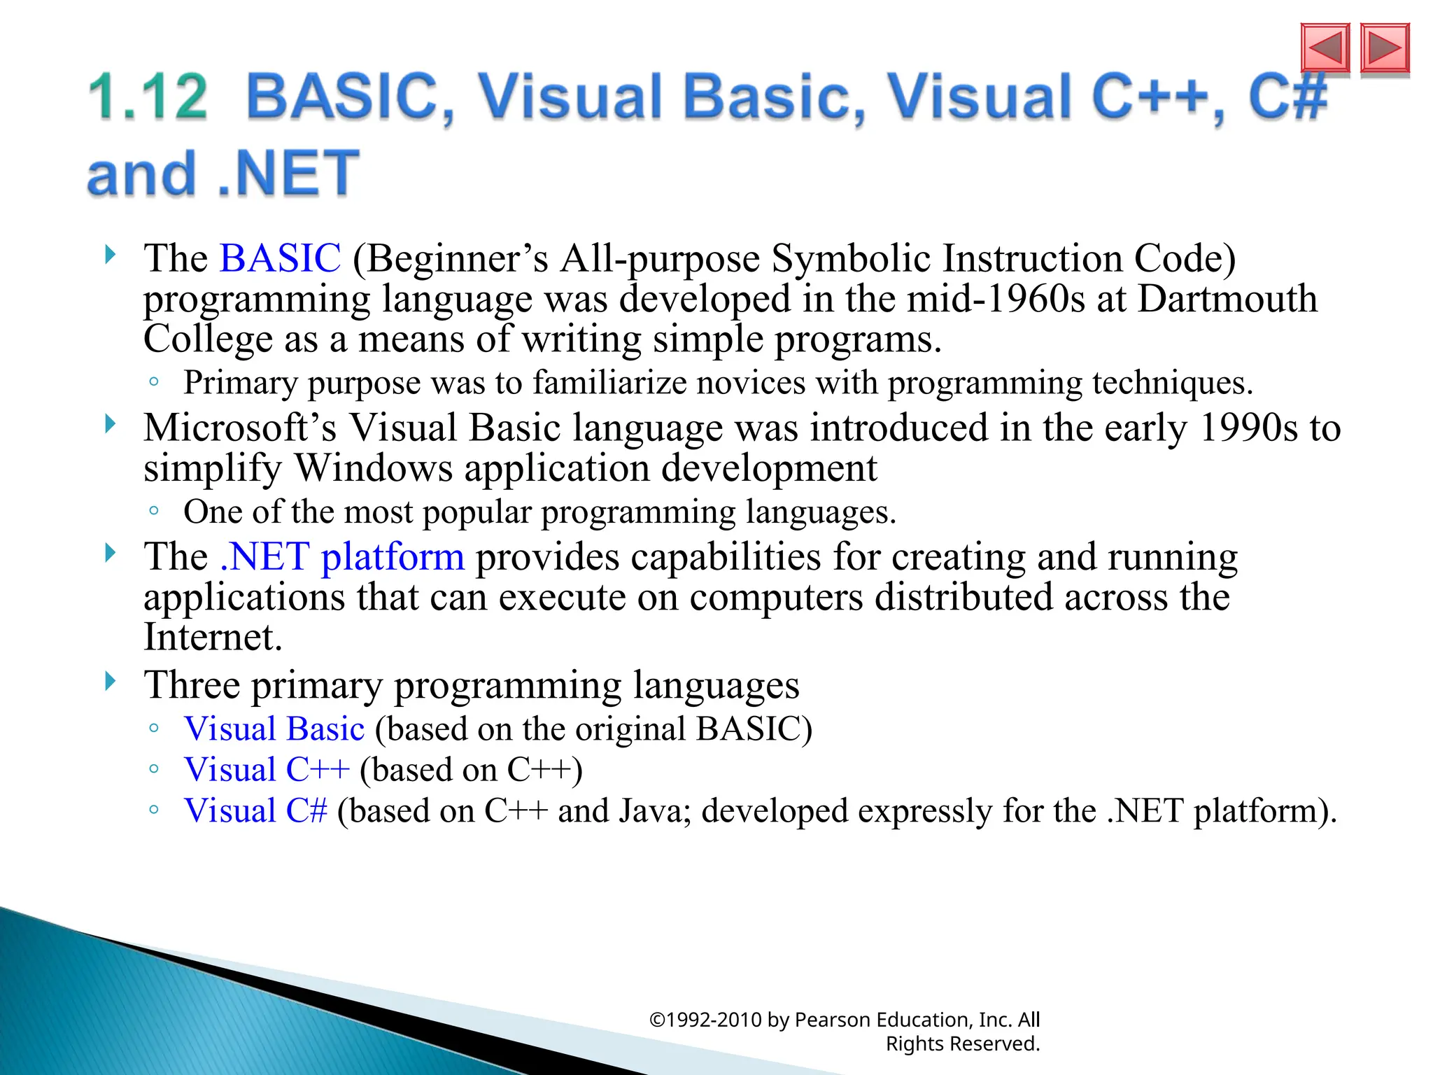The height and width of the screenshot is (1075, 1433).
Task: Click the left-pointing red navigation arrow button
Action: pyautogui.click(x=1325, y=48)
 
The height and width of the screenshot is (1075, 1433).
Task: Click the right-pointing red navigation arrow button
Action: pyautogui.click(x=1385, y=48)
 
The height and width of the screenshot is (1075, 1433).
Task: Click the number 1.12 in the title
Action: pyautogui.click(x=148, y=97)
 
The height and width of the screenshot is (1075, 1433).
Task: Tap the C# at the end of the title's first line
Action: pyautogui.click(x=1287, y=97)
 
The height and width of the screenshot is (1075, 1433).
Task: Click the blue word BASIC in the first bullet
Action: pyautogui.click(x=280, y=258)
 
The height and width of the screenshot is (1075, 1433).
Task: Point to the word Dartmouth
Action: pyautogui.click(x=1227, y=299)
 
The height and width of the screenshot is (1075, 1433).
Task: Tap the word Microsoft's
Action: pyautogui.click(x=239, y=428)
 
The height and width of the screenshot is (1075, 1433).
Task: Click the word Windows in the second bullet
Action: pyautogui.click(x=373, y=468)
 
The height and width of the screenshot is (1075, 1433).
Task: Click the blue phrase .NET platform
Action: pyautogui.click(x=341, y=558)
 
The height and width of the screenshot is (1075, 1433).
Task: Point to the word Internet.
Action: pyautogui.click(x=212, y=638)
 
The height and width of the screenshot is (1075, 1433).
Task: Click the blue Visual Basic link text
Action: pyautogui.click(x=274, y=729)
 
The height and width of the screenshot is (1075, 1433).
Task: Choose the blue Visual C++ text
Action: pyautogui.click(x=266, y=770)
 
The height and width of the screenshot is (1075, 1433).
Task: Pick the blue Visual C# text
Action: pyautogui.click(x=255, y=811)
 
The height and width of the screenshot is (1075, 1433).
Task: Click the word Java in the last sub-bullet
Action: pyautogui.click(x=658, y=811)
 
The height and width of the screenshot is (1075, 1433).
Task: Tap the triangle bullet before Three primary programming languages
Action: pyautogui.click(x=110, y=680)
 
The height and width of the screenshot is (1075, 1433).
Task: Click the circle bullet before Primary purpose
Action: pyautogui.click(x=154, y=382)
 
